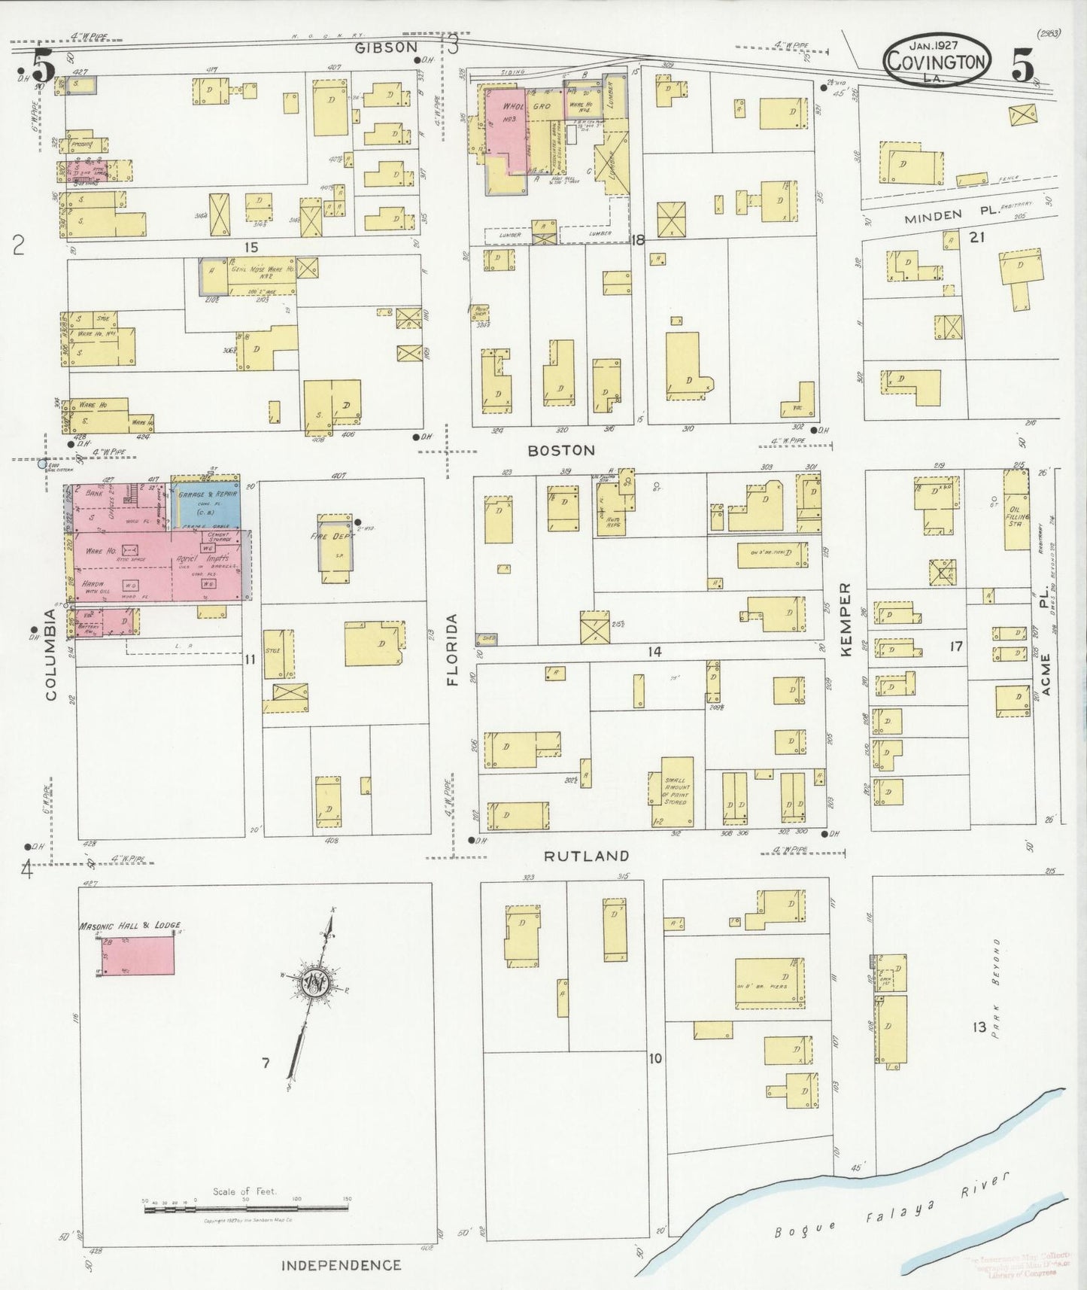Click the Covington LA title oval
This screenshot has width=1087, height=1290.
pyautogui.click(x=936, y=59)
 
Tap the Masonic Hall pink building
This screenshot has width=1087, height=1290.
pyautogui.click(x=138, y=956)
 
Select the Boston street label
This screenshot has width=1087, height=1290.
pyautogui.click(x=561, y=450)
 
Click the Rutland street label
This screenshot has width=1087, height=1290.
pyautogui.click(x=586, y=856)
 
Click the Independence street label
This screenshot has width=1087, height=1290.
pyautogui.click(x=341, y=1265)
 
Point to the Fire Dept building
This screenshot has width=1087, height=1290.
pyautogui.click(x=335, y=547)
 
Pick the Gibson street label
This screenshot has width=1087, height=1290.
pyautogui.click(x=386, y=47)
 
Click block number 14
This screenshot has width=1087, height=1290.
pyautogui.click(x=655, y=652)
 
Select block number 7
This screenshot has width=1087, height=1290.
pyautogui.click(x=266, y=1062)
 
